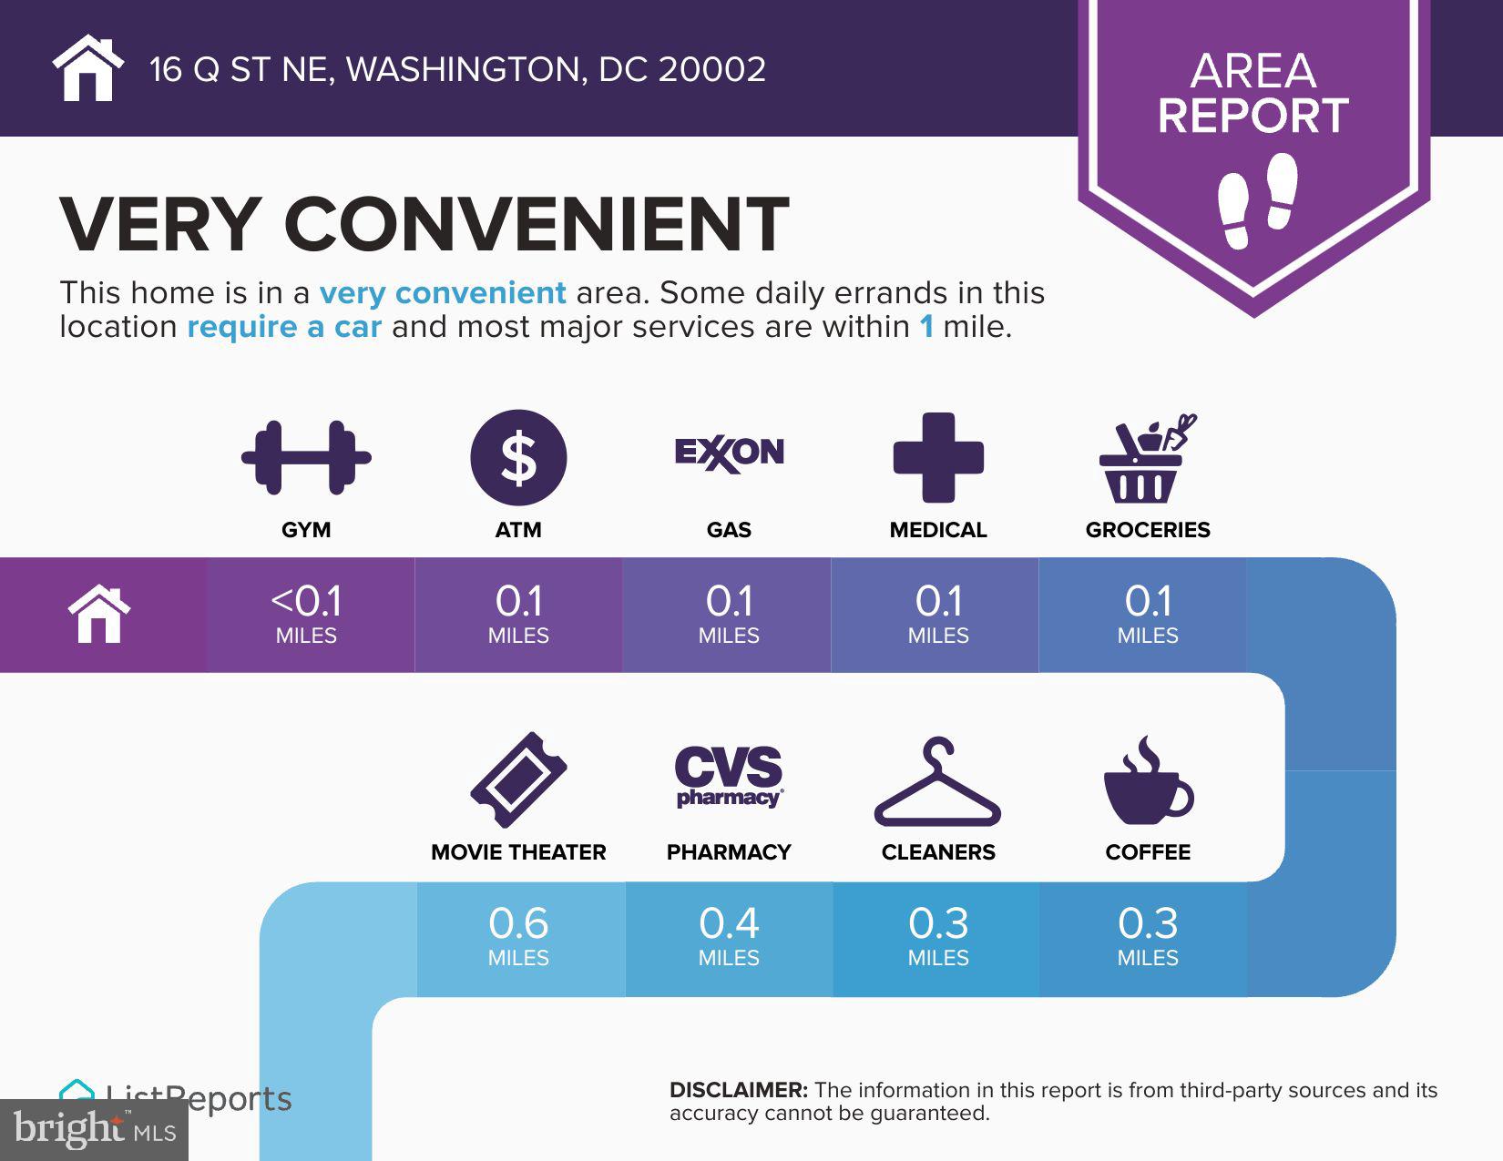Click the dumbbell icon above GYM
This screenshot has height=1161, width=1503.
pos(306,457)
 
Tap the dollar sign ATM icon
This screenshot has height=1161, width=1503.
pos(518,457)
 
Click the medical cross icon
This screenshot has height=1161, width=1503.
pos(938,457)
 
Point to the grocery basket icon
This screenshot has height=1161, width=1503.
pos(1148,458)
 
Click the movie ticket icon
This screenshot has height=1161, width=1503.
pos(518,780)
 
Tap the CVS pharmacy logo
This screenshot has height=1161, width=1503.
pos(729,777)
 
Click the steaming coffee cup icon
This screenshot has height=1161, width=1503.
pos(1148,780)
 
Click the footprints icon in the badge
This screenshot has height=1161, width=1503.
pos(1257,200)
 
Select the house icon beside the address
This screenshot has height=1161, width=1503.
pos(87,67)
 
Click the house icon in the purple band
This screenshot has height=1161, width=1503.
pos(99,614)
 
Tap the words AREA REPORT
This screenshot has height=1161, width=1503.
pos(1253,94)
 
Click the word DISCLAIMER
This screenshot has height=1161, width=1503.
pos(739,1090)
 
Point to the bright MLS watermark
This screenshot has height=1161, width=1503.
pos(95,1129)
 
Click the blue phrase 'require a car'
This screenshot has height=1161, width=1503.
pos(284,326)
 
